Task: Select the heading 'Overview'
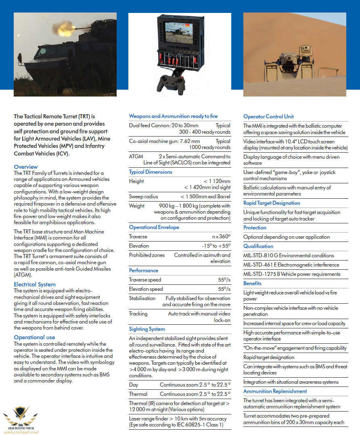click(x=26, y=167)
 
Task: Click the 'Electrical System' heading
click(x=35, y=284)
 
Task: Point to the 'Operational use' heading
click(x=34, y=337)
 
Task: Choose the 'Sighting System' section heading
click(x=147, y=329)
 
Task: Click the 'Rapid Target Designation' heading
click(x=272, y=203)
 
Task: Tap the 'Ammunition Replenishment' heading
click(x=275, y=391)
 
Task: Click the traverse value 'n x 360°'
click(x=221, y=237)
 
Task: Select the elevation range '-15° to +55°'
click(x=216, y=246)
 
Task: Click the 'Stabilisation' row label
click(x=142, y=298)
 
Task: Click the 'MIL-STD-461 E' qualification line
click(x=289, y=265)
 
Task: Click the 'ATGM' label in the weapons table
click(x=136, y=156)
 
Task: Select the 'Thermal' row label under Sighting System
click(x=138, y=394)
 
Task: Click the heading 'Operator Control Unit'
click(x=268, y=117)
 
